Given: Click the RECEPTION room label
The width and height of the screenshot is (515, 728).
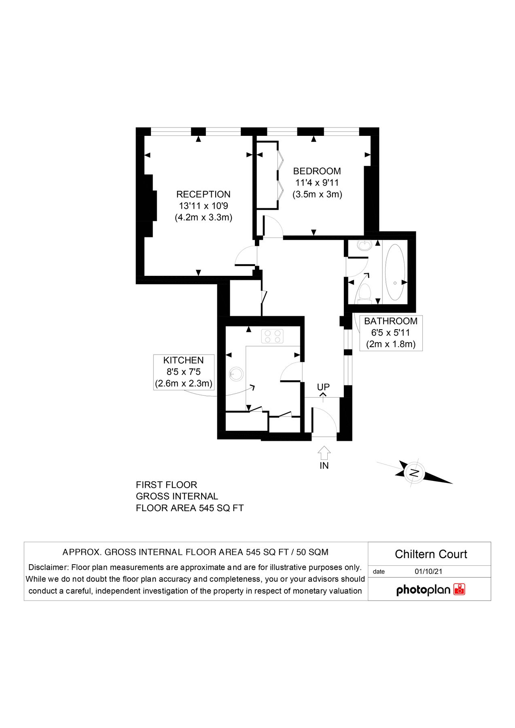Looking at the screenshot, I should click(203, 194).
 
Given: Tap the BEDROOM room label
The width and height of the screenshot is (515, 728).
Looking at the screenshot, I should click(317, 171).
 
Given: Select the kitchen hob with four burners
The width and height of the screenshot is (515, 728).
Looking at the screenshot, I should click(272, 336).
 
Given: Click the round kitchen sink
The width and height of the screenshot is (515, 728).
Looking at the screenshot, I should click(236, 374).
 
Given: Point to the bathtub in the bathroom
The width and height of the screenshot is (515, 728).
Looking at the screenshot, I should click(394, 272).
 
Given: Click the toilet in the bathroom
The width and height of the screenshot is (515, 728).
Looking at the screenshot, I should click(365, 293).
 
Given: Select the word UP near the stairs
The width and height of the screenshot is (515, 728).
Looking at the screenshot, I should click(323, 387).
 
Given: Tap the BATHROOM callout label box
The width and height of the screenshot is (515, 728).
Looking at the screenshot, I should click(391, 333).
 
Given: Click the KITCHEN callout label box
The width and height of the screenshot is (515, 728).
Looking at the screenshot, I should click(184, 372).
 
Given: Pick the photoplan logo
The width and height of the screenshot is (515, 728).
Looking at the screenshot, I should click(430, 590).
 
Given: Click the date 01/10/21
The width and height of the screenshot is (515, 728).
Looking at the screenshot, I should click(428, 571).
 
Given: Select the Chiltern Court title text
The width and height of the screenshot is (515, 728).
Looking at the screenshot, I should click(430, 554).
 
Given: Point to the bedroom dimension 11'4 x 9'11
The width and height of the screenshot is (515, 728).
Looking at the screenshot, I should click(317, 183).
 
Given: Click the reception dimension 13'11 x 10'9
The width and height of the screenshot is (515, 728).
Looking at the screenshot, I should click(203, 206).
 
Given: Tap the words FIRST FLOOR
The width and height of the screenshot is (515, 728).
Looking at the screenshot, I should click(166, 485).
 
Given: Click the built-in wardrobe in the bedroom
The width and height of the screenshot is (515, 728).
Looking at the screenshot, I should click(267, 175).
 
